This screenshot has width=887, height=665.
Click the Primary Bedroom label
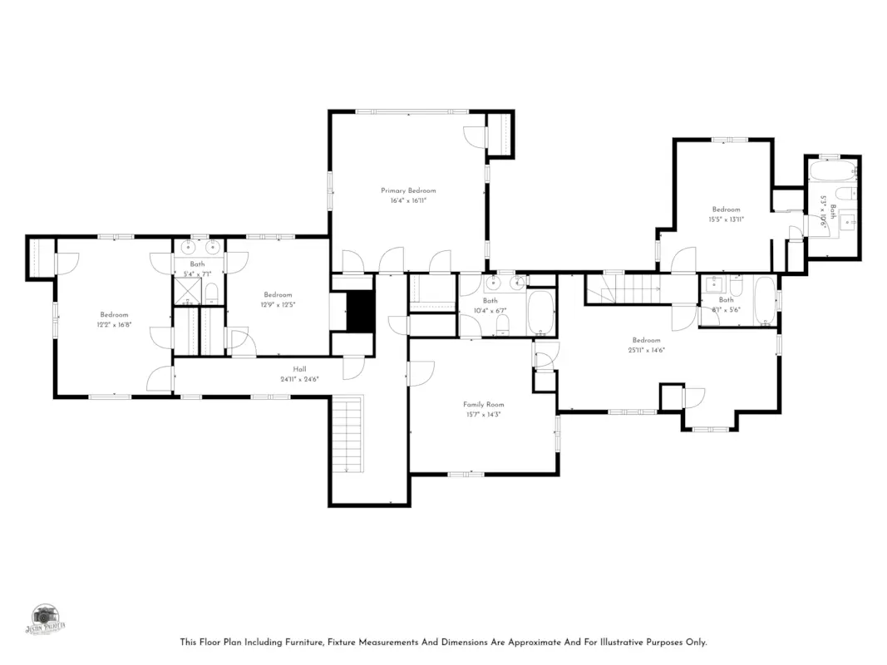pos(408,191)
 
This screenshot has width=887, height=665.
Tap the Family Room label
pos(483,405)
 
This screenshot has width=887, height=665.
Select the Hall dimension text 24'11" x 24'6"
pos(299,379)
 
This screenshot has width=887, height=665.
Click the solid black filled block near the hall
pos(361,311)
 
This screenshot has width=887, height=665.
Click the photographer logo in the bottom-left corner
pos(47,619)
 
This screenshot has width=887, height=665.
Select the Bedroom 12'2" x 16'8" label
pos(114,315)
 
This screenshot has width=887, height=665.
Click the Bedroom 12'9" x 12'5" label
pos(278,295)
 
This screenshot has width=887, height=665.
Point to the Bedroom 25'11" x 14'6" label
pos(646,340)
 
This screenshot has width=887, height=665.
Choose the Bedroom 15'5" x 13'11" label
pos(725,209)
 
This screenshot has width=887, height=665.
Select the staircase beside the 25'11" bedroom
pos(623,290)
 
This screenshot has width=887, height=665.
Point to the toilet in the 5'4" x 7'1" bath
pos(211,292)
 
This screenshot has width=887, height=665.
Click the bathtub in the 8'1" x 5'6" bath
pos(764,301)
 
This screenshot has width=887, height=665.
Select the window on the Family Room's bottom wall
pos(466,474)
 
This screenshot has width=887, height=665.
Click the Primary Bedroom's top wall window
pos(411,111)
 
